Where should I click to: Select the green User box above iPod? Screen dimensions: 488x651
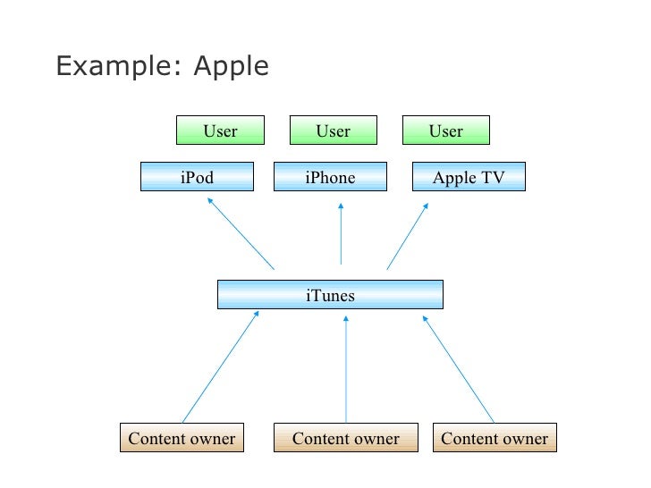(220, 130)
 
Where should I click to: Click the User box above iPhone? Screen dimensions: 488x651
(333, 130)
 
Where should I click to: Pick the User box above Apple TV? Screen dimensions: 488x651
(445, 130)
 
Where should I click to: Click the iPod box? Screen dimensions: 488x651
(197, 177)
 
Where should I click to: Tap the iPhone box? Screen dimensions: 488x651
(330, 177)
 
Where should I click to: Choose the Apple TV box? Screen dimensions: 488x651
(469, 177)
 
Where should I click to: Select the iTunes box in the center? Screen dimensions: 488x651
(330, 294)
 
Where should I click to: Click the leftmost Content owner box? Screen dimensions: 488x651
(182, 438)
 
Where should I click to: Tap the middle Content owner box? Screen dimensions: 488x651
(346, 438)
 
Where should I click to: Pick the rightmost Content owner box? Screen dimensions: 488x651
(495, 438)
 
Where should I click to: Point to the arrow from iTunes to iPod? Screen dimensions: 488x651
(241, 233)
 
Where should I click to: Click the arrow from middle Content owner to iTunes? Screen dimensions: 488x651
(346, 367)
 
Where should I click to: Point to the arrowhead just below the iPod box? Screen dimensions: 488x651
(210, 201)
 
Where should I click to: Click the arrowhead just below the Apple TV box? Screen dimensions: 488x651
(425, 205)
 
